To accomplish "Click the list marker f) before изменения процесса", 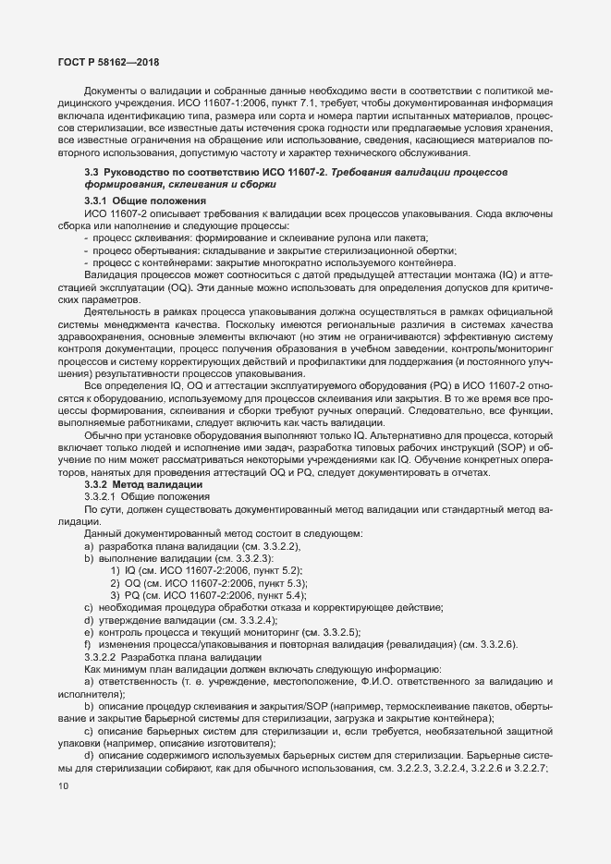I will (x=88, y=643).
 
